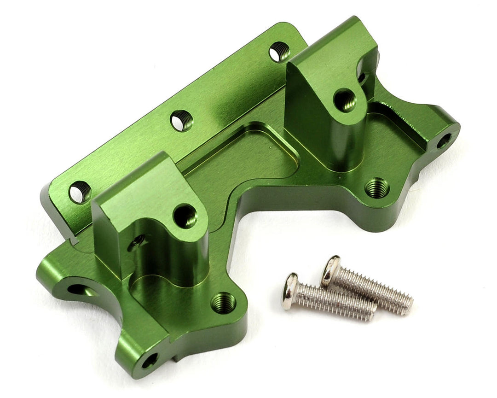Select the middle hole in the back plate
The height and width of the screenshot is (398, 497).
[181, 121]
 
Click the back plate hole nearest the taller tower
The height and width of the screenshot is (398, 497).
[279, 52]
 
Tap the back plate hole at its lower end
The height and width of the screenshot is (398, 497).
[80, 192]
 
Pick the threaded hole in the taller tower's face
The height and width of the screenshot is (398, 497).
[345, 99]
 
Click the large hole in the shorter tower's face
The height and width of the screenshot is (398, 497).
[185, 216]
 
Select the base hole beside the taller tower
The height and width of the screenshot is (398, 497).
[377, 187]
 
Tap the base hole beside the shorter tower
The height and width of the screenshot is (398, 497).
[223, 303]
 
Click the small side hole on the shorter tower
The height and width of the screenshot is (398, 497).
[137, 241]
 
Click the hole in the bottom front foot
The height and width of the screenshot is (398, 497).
[149, 360]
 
